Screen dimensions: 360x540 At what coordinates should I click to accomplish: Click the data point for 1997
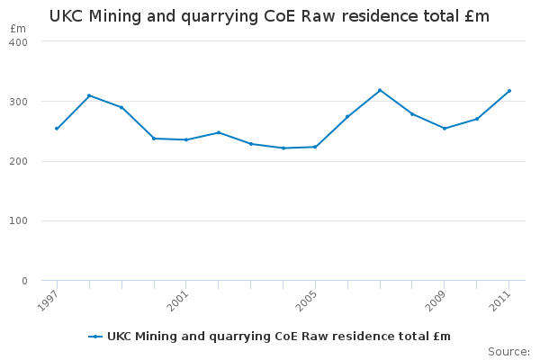(x=57, y=128)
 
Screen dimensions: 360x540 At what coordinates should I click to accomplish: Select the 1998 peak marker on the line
(x=89, y=95)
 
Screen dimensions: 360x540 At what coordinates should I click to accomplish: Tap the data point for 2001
(x=185, y=139)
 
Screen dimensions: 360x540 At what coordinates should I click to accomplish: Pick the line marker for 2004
(x=283, y=148)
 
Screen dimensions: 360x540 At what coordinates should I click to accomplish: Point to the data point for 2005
(x=315, y=147)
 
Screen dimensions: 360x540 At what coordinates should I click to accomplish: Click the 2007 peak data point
(x=380, y=90)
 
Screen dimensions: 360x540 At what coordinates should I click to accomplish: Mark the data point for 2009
(x=445, y=128)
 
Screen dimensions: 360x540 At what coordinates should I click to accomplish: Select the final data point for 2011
(x=509, y=91)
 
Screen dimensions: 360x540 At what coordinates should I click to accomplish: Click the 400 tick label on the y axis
(x=19, y=41)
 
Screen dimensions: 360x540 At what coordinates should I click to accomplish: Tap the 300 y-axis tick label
(x=19, y=102)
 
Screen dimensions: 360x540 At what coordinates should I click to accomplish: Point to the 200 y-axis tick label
(x=19, y=161)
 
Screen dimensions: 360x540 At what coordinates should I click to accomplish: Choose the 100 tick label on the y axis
(x=19, y=221)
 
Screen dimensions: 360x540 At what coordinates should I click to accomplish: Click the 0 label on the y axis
(x=24, y=281)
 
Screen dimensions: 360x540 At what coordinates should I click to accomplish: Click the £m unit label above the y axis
(x=18, y=29)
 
